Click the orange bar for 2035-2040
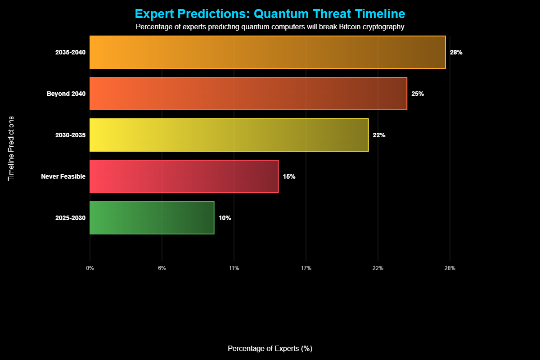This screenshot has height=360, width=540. (x=267, y=52)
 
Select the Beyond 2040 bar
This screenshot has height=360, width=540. (x=248, y=94)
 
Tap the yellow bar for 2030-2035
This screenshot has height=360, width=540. (x=229, y=135)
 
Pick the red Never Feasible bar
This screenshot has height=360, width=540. (x=184, y=176)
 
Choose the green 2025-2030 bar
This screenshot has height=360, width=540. (x=152, y=218)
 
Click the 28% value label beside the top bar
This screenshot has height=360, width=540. (x=456, y=52)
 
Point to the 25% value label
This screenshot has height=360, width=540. (x=418, y=94)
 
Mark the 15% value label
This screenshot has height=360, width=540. (x=289, y=176)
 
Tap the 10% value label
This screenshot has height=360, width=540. (x=225, y=218)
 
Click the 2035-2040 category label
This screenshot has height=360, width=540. (x=70, y=52)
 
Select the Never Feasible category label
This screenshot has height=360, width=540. (x=63, y=176)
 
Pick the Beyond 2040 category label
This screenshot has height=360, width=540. (x=66, y=94)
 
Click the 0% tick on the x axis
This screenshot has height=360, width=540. (x=90, y=268)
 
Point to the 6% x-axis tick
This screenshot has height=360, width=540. (x=162, y=268)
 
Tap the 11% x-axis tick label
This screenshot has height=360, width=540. (x=234, y=268)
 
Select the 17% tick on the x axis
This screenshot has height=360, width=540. (x=306, y=268)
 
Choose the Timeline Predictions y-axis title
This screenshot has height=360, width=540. (x=11, y=148)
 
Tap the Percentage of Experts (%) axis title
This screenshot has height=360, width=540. (x=270, y=349)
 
